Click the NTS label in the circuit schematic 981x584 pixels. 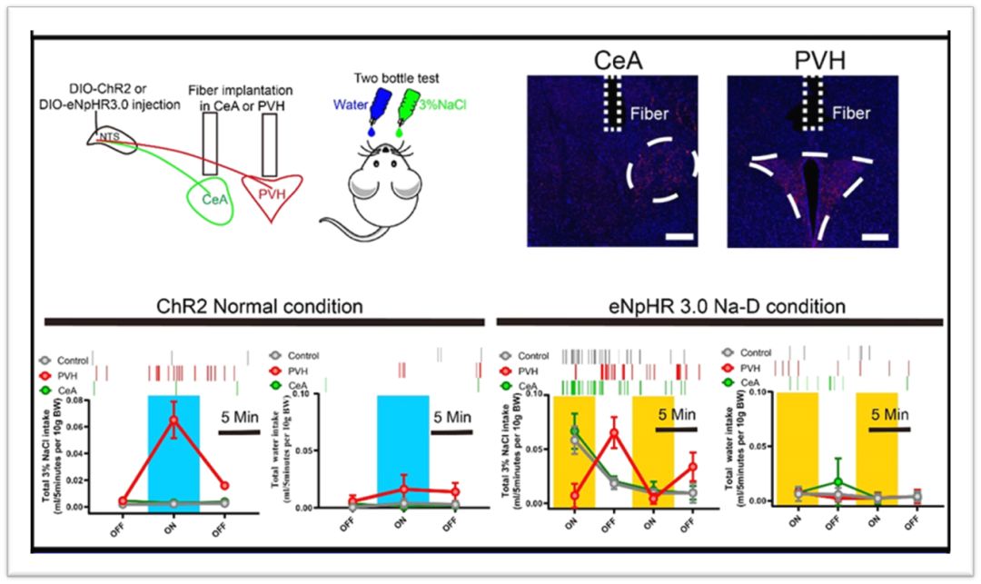[105, 138]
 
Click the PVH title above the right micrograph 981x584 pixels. [812, 62]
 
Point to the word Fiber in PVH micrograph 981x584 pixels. [851, 114]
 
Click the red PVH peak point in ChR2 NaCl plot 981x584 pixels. [173, 420]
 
